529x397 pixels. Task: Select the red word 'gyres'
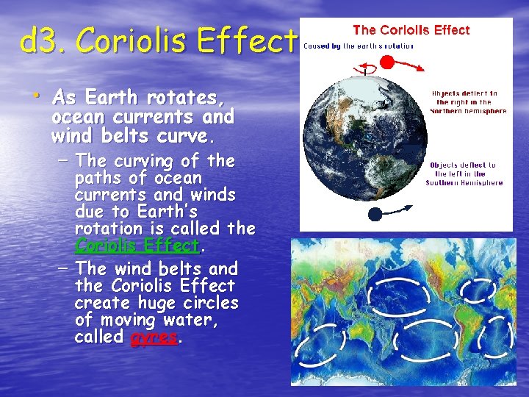coord(154,337)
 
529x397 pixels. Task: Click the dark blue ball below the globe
coord(375,215)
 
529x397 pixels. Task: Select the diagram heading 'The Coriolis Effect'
coord(411,30)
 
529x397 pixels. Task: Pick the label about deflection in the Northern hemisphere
coord(468,102)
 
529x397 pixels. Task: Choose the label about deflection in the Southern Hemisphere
coord(464,174)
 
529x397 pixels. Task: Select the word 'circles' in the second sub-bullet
coord(212,303)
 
